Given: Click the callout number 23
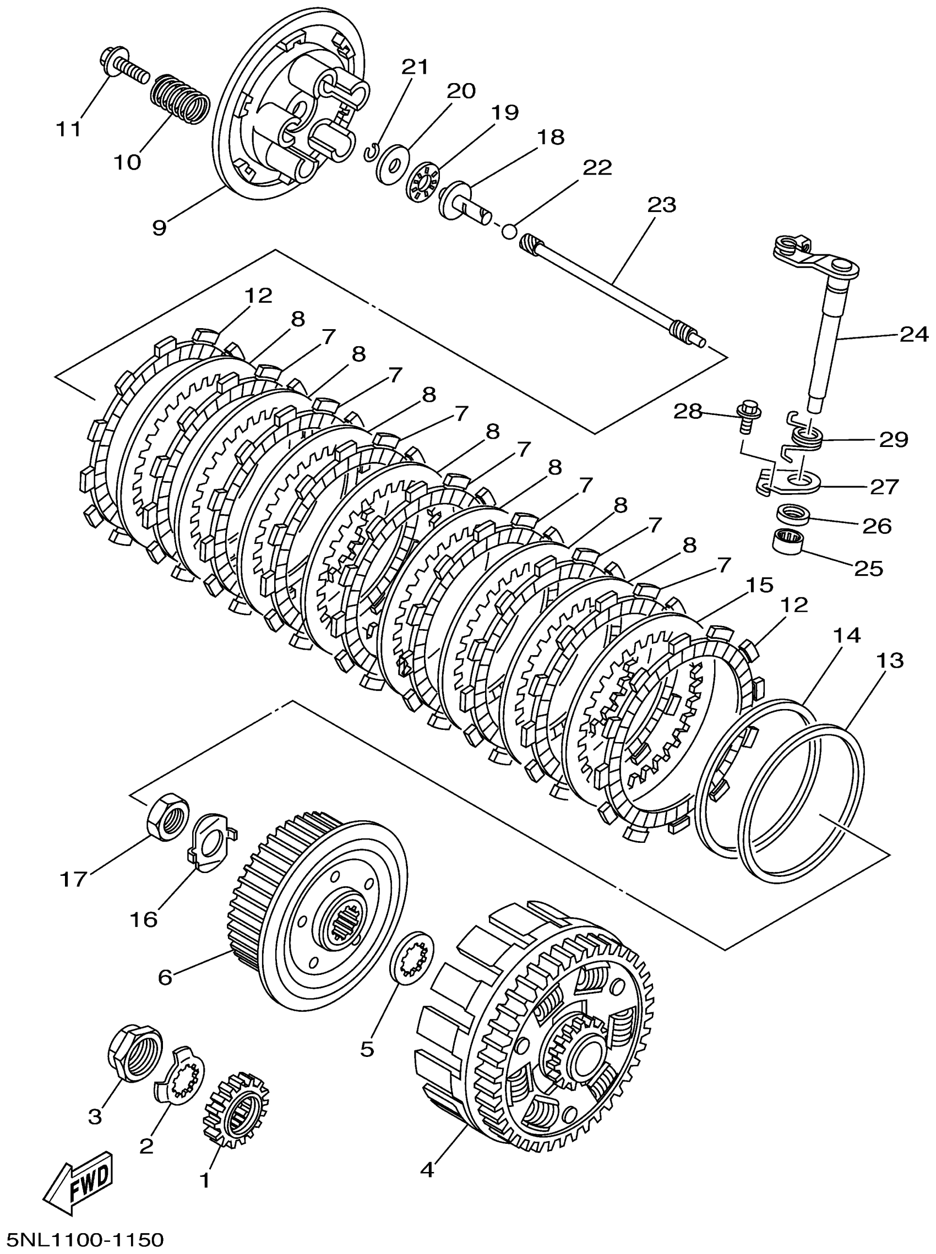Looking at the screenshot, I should pos(661,204).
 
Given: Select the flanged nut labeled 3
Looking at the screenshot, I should pos(135,1055).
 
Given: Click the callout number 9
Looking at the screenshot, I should pos(159,227).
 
